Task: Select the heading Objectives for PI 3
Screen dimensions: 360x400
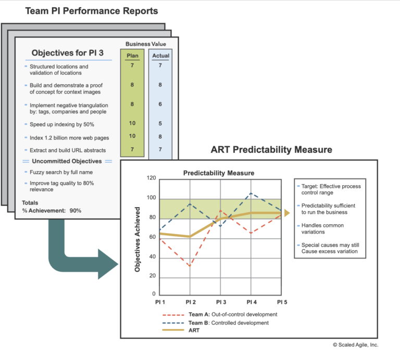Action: click(x=67, y=53)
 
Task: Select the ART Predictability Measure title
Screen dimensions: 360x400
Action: click(x=271, y=150)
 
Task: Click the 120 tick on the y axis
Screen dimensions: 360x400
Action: click(x=152, y=178)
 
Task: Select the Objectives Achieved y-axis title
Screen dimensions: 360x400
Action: click(x=137, y=237)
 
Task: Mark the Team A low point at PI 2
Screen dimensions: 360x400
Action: click(x=190, y=265)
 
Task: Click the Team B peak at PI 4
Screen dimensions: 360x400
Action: click(x=251, y=193)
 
